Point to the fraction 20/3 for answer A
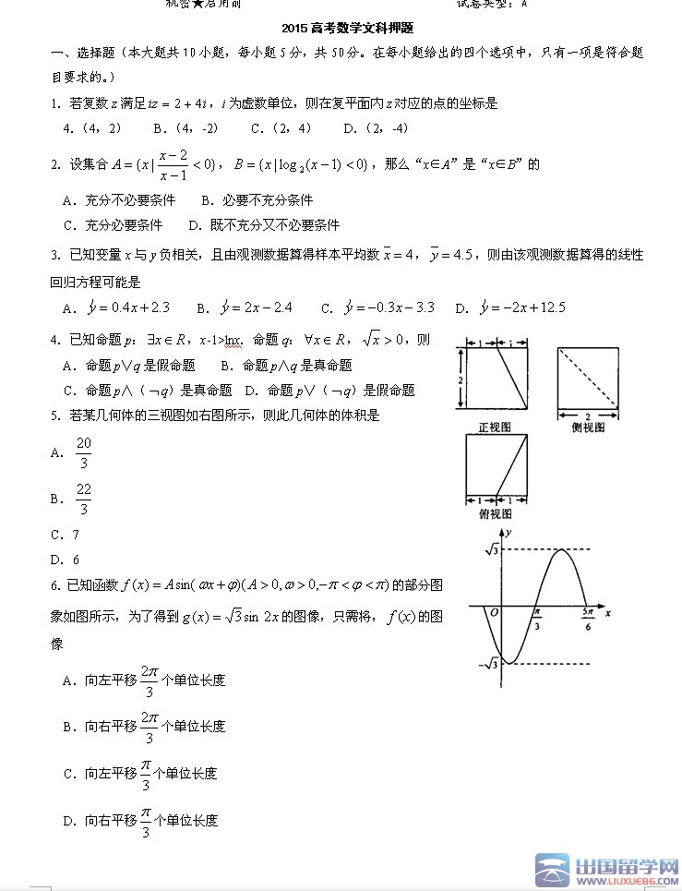click(x=84, y=452)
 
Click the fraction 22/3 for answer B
click(x=84, y=499)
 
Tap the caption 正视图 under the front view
click(x=495, y=427)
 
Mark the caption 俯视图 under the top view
click(x=495, y=513)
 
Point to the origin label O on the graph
click(x=494, y=612)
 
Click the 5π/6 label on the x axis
click(x=588, y=618)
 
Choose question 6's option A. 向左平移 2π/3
click(x=144, y=680)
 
